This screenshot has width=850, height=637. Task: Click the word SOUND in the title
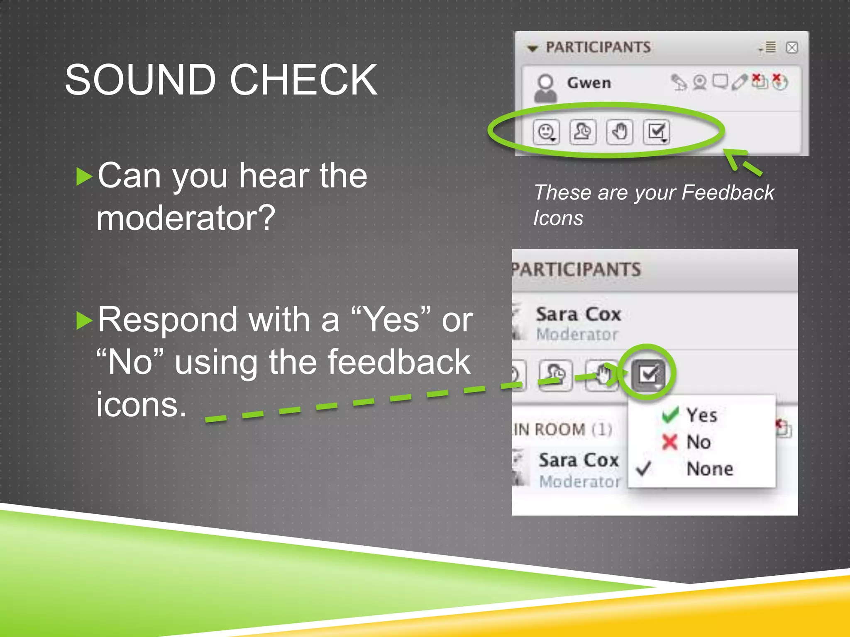pyautogui.click(x=140, y=80)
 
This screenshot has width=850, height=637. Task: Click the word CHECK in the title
pyautogui.click(x=303, y=80)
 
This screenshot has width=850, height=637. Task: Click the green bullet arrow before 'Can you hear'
pyautogui.click(x=84, y=177)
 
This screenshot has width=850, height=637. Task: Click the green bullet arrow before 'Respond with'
pyautogui.click(x=84, y=321)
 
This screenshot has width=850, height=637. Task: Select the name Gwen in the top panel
pyautogui.click(x=589, y=83)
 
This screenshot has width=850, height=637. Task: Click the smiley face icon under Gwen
pyautogui.click(x=546, y=132)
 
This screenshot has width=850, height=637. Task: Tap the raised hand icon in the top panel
pyautogui.click(x=620, y=132)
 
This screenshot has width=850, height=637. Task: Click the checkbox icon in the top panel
pyautogui.click(x=656, y=132)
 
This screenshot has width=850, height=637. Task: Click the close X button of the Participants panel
pyautogui.click(x=792, y=48)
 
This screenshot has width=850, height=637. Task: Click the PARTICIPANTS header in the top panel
pyautogui.click(x=598, y=47)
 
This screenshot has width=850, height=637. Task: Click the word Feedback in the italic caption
pyautogui.click(x=728, y=192)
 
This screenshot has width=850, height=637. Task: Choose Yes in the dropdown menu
pyautogui.click(x=701, y=415)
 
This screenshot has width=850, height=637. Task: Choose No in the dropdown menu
pyautogui.click(x=699, y=442)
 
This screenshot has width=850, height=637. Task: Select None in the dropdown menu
pyautogui.click(x=710, y=469)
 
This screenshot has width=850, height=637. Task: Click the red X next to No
pyautogui.click(x=669, y=442)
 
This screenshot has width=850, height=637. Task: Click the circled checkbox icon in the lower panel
pyautogui.click(x=648, y=374)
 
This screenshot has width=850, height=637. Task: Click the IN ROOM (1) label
pyautogui.click(x=562, y=430)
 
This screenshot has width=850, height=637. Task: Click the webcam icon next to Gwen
pyautogui.click(x=700, y=82)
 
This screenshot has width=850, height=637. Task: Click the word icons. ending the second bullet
pyautogui.click(x=142, y=405)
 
